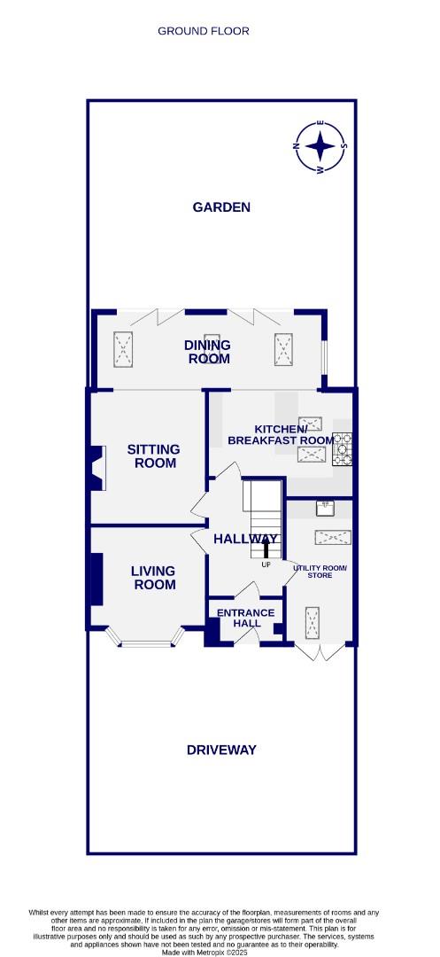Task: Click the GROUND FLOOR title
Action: [x=204, y=31]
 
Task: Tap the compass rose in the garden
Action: [x=320, y=145]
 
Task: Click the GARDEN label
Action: [x=221, y=207]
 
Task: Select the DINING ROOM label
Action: [x=207, y=352]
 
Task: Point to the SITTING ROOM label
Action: [x=153, y=455]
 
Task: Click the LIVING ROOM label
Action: [x=154, y=578]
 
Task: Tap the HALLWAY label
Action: [x=245, y=539]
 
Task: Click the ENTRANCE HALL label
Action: [x=246, y=618]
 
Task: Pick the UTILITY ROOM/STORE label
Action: [x=320, y=572]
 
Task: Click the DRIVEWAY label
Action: [x=221, y=750]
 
